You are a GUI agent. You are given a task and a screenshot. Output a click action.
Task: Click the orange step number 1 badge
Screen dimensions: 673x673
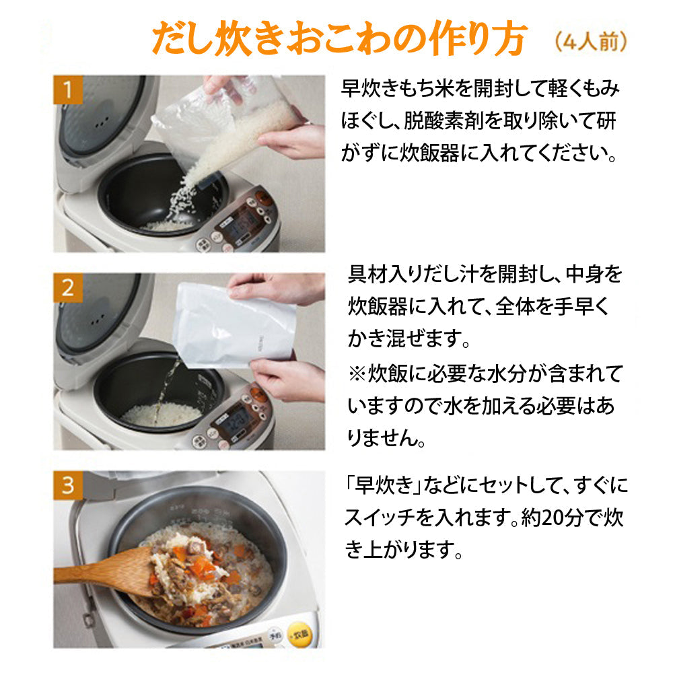coord(67,90)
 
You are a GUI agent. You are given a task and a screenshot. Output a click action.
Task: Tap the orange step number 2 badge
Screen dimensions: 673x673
coord(67,287)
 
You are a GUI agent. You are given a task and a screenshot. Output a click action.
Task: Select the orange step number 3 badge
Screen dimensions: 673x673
coord(67,485)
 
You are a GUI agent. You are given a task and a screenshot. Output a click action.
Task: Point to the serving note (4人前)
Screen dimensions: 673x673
coord(592,42)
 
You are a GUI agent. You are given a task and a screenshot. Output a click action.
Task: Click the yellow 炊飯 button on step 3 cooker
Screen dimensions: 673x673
coord(299,634)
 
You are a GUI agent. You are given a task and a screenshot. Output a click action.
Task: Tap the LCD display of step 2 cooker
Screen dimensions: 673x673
coord(238,421)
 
